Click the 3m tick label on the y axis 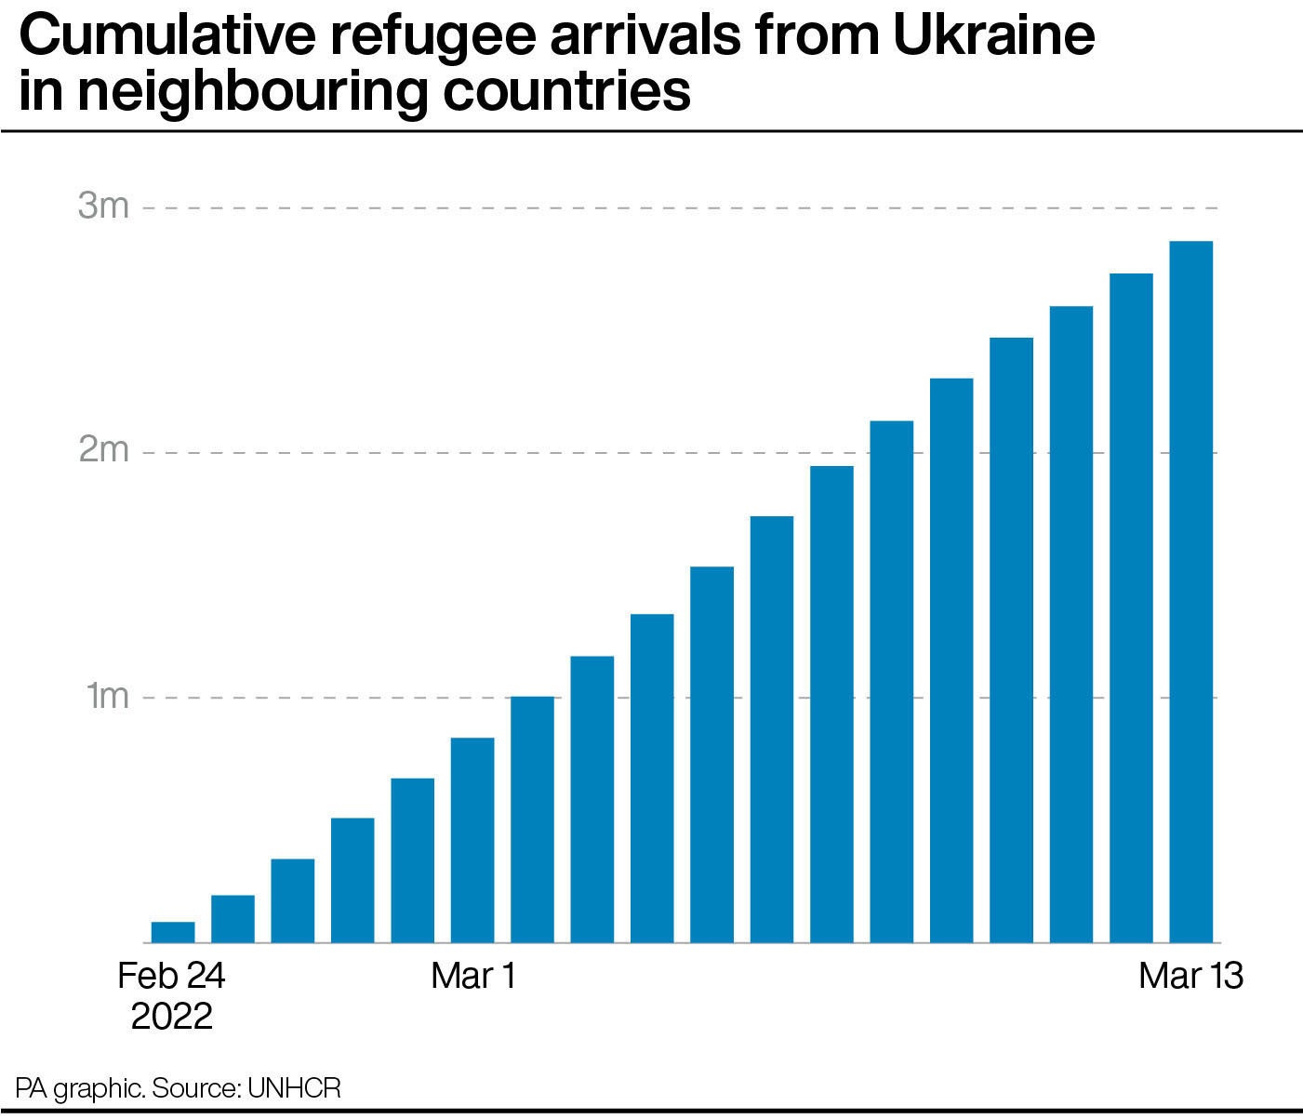103,206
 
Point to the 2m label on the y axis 103,451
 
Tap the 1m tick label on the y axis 107,696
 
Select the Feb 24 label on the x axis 172,976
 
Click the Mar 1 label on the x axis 472,976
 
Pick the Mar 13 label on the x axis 1190,976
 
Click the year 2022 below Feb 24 172,1016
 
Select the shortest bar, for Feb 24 173,932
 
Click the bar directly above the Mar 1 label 472,840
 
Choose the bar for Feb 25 233,919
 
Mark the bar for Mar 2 532,819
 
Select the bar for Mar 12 1131,608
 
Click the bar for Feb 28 412,860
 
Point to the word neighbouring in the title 252,93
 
